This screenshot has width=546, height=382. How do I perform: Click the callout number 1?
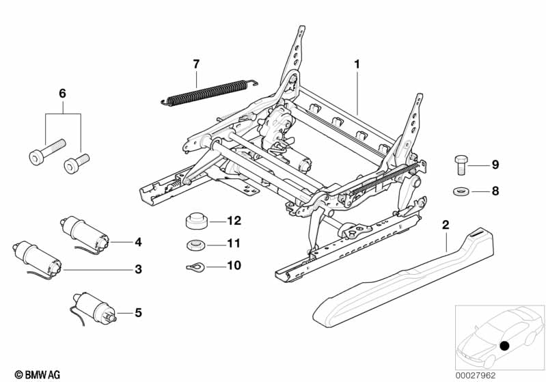tap(356, 64)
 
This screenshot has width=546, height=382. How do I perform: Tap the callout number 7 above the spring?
tap(196, 64)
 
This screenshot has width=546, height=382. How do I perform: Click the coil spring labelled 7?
tap(208, 92)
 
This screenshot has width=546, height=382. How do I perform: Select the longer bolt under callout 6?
tap(47, 152)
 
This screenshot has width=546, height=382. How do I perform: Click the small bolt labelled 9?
tap(461, 164)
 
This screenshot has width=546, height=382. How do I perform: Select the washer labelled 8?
tap(461, 190)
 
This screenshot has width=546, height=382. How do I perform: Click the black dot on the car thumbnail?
tap(505, 346)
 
